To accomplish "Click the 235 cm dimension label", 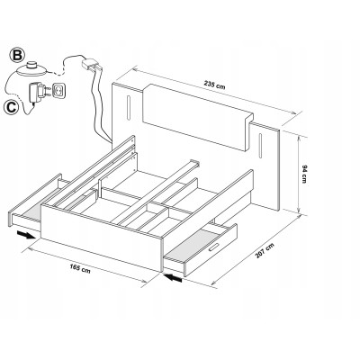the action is [214, 85].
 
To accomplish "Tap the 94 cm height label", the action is [304, 174].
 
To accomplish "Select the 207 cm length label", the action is [265, 250].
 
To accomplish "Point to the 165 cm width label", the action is [80, 267].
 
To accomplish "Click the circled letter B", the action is [17, 56].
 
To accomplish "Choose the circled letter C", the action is [12, 107].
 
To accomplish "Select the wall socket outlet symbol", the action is [59, 90].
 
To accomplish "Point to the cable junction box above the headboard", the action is [92, 64].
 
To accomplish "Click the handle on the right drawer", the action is [214, 247].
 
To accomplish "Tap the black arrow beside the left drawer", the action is [26, 235].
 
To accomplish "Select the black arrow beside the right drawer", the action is [173, 278].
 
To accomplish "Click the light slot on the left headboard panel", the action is [129, 107].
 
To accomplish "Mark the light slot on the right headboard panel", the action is [260, 146].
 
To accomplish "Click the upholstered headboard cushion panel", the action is [198, 117].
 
